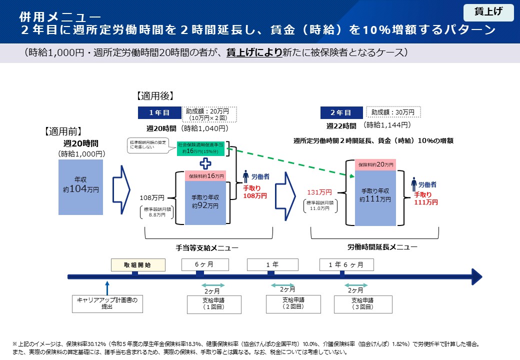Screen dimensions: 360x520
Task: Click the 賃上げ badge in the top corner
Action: point(488,12)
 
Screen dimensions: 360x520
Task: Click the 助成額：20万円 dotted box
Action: point(209,114)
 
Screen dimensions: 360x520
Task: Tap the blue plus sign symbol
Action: point(205,163)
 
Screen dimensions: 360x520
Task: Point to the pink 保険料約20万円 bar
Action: point(376,164)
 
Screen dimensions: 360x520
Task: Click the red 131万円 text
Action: point(319,192)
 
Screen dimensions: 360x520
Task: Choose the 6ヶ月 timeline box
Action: point(205,264)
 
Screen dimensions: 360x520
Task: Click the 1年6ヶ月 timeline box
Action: point(346,264)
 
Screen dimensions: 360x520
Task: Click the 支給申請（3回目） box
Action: point(362,304)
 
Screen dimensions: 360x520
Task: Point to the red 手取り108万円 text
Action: point(255,192)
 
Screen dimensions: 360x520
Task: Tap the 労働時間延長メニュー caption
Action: point(382,246)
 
